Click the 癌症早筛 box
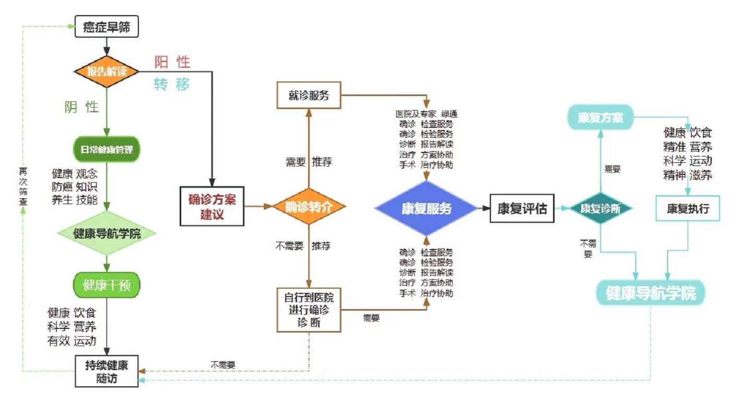(107, 27)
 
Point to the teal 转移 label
(172, 85)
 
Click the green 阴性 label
(81, 107)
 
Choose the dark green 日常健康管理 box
(107, 150)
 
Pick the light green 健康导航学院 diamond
(107, 233)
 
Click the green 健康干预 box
(107, 285)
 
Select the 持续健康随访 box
(107, 371)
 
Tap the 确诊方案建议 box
(211, 206)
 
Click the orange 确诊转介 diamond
(309, 207)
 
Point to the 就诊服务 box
(308, 95)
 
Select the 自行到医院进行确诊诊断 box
(309, 310)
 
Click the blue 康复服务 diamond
(426, 208)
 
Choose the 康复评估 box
(522, 208)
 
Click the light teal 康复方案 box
(600, 117)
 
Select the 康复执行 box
(688, 208)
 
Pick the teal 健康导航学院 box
(651, 293)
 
